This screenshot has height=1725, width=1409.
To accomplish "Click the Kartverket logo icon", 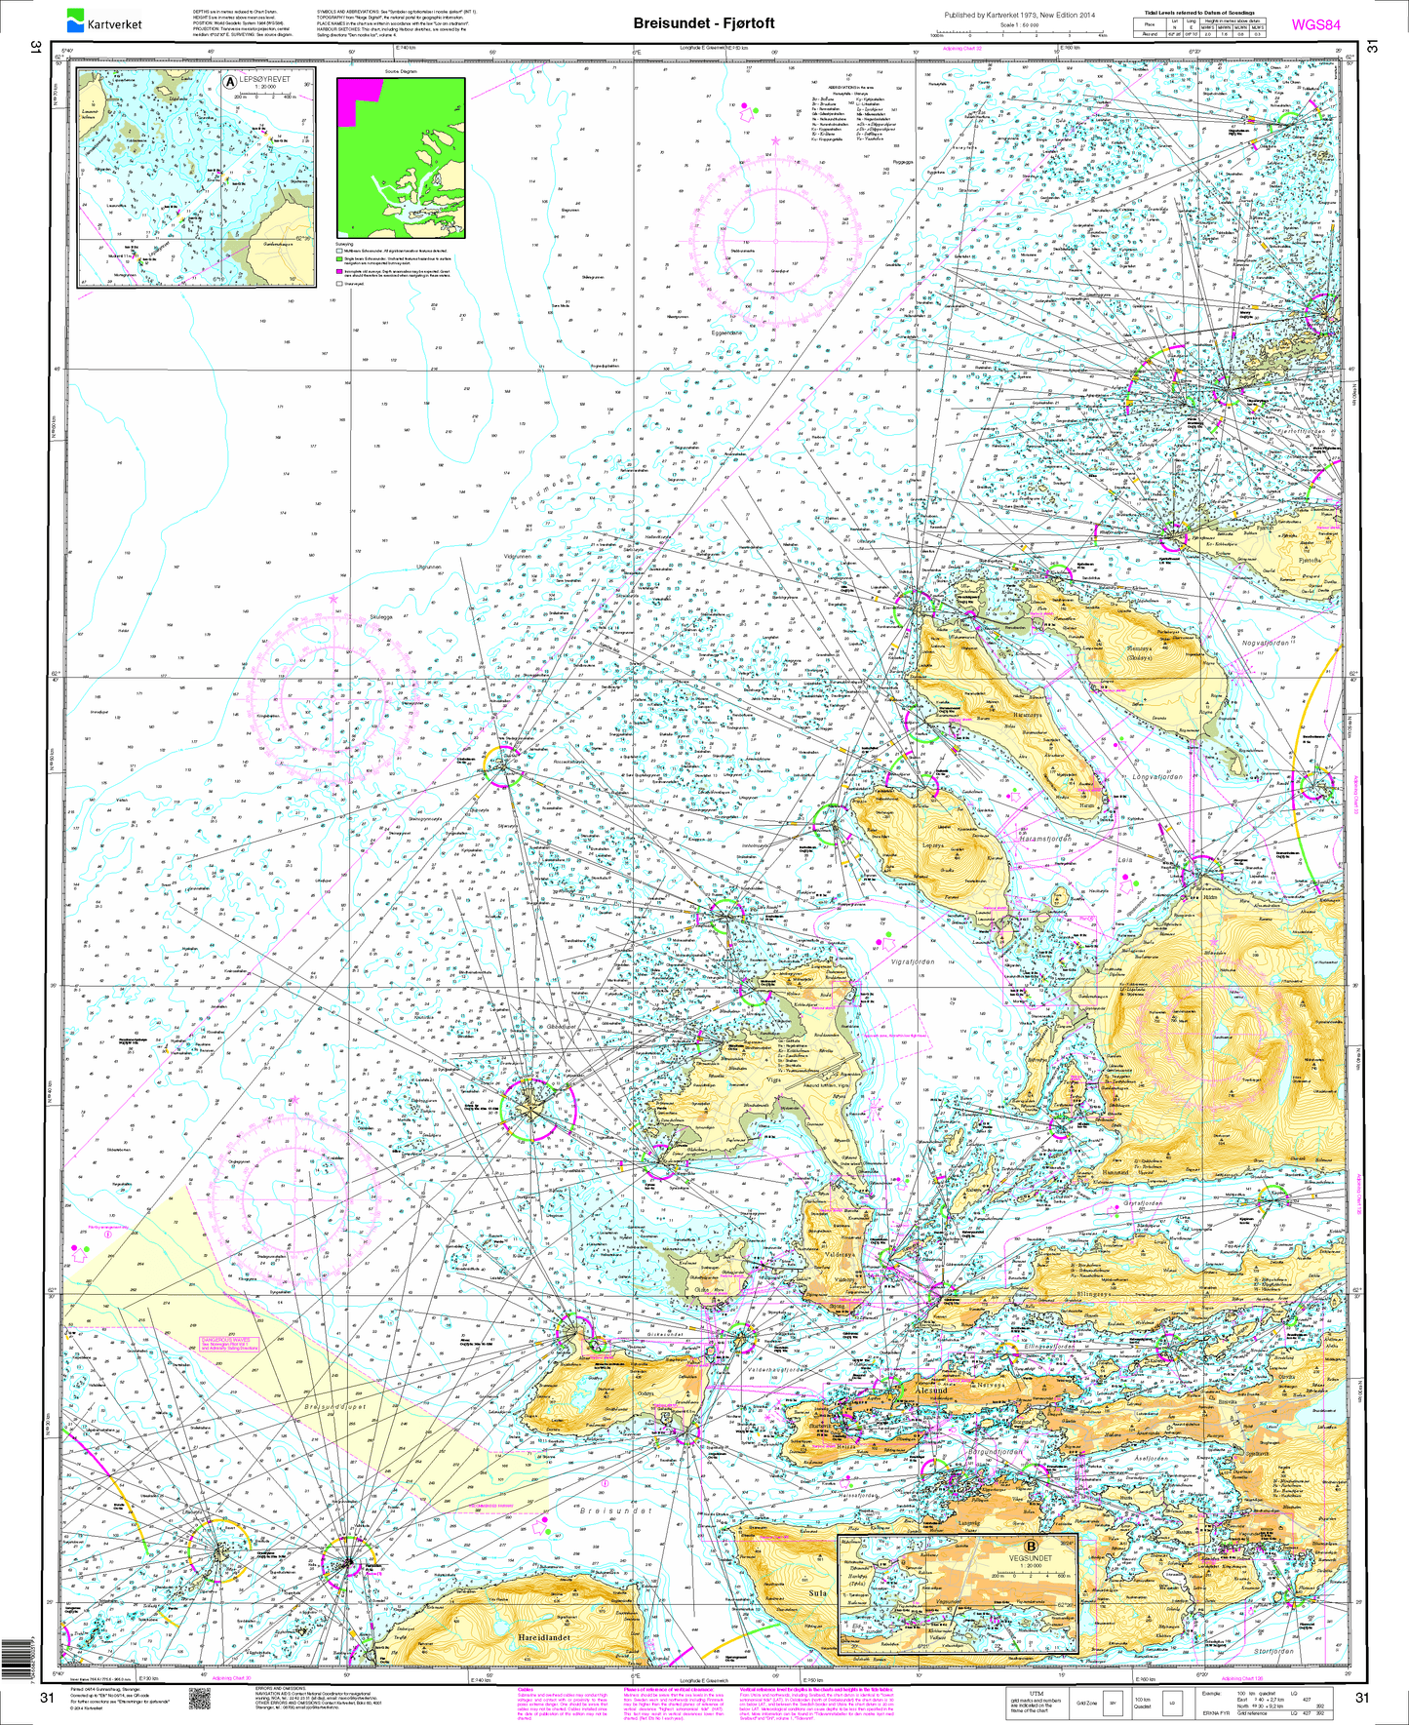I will pos(76,18).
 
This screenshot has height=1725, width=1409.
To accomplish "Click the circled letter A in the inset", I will pos(231,83).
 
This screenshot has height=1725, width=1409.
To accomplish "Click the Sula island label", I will pos(818,1593).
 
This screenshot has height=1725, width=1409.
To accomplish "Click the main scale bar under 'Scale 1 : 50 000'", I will pos(1019,34).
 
